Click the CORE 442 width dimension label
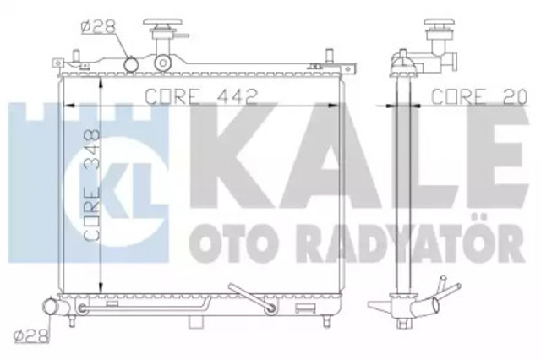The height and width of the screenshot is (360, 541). (201, 96)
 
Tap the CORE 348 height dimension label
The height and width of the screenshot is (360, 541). (92, 184)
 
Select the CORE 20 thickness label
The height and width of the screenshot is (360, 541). (479, 96)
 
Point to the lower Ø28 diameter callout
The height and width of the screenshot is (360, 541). (31, 336)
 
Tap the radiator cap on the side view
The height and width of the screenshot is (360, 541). (439, 25)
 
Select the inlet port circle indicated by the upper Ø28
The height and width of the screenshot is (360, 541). (131, 64)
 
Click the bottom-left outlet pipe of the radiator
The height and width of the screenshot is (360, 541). (51, 307)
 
